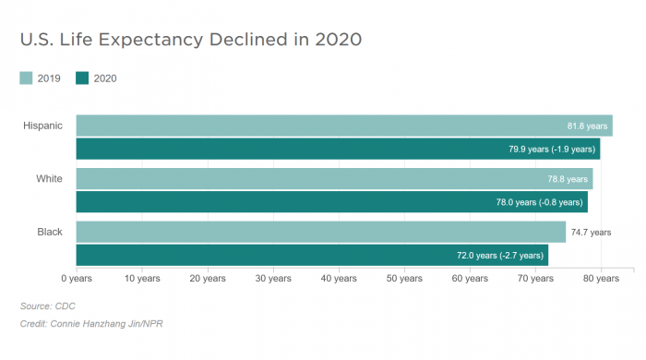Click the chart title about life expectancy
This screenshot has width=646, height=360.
(190, 40)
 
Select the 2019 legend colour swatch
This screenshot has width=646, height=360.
(27, 78)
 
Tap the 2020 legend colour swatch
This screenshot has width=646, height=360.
(82, 78)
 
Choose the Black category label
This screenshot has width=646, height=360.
(49, 232)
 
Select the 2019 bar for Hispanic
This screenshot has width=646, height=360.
(314, 126)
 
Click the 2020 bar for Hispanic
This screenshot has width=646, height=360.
(314, 149)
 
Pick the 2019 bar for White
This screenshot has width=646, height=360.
(314, 179)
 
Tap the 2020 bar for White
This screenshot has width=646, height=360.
(314, 201)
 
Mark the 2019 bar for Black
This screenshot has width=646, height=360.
(314, 232)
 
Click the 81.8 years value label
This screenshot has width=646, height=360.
(587, 126)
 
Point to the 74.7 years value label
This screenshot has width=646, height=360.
(591, 233)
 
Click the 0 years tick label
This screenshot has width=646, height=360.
(76, 278)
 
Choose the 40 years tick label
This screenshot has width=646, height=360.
(339, 278)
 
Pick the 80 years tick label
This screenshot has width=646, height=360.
(601, 278)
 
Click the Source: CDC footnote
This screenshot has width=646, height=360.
(47, 306)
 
